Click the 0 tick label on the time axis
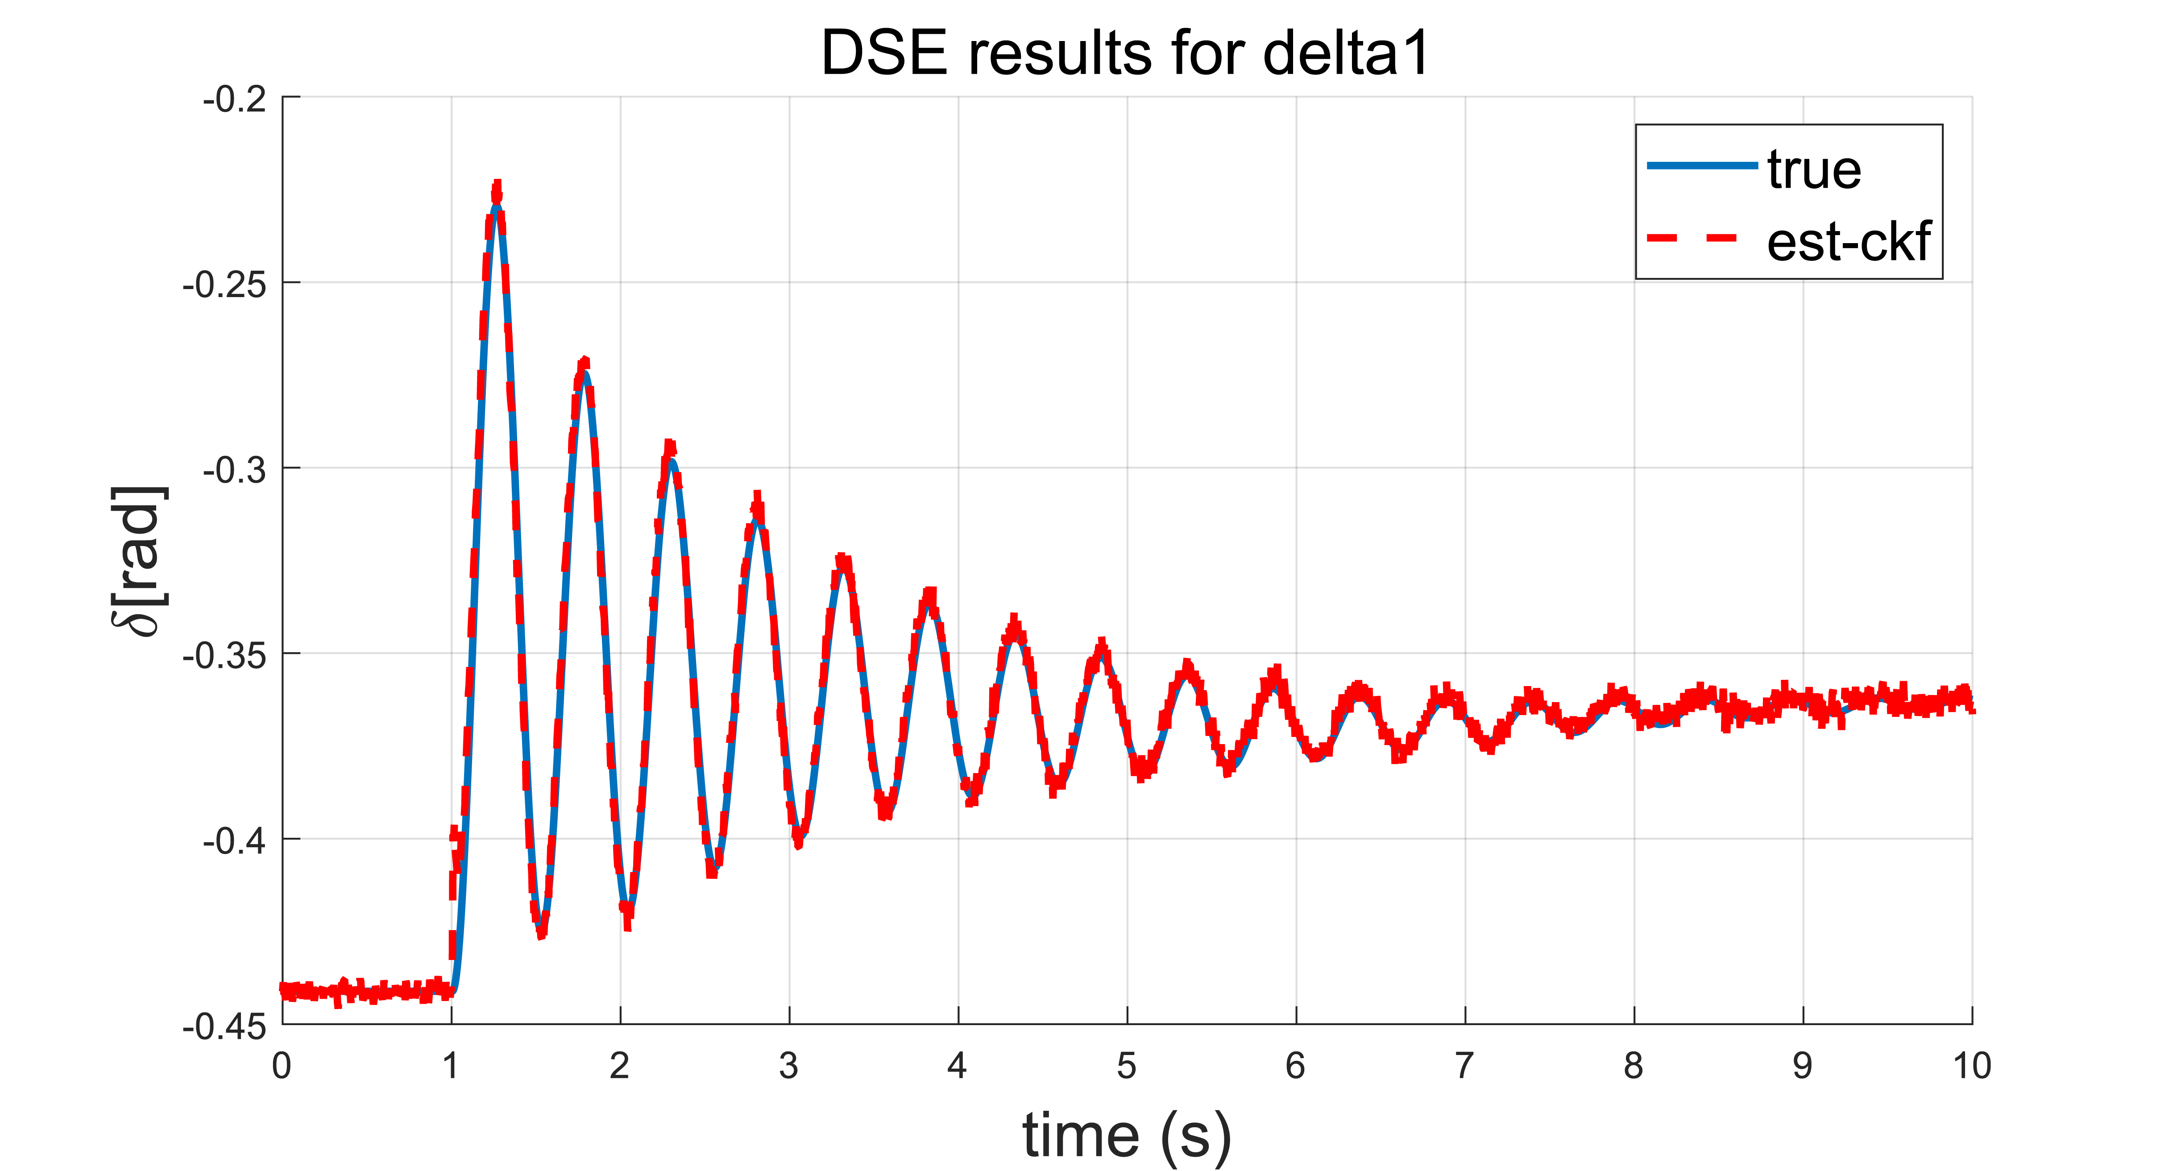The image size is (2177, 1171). (282, 1066)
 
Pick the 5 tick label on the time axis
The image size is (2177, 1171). (1127, 1066)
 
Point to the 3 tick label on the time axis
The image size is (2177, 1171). (788, 1066)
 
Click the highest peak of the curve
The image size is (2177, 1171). (497, 196)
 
